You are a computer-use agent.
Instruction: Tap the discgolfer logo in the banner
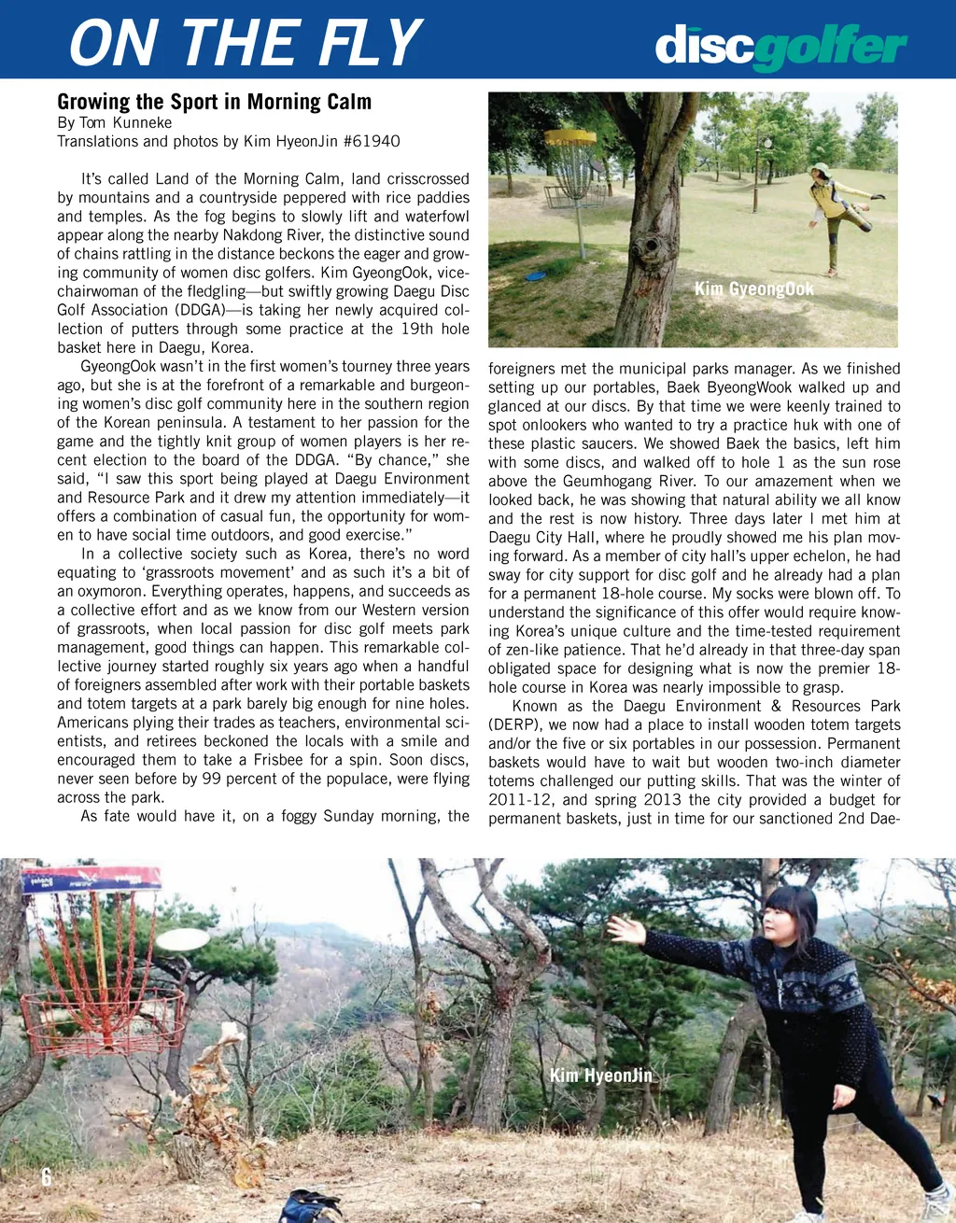(780, 47)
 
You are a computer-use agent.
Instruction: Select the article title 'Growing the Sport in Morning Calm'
(214, 102)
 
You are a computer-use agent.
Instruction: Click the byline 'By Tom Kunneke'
(114, 122)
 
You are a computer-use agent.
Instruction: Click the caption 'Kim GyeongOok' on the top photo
(753, 289)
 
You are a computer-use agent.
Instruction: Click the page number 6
(46, 1178)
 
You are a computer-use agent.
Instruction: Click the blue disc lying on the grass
(535, 275)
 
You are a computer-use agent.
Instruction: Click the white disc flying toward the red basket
(182, 938)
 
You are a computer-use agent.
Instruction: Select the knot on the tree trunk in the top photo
(653, 246)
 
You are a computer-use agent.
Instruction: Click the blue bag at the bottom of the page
(310, 1206)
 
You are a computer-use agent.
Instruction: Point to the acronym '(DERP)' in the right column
(513, 724)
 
